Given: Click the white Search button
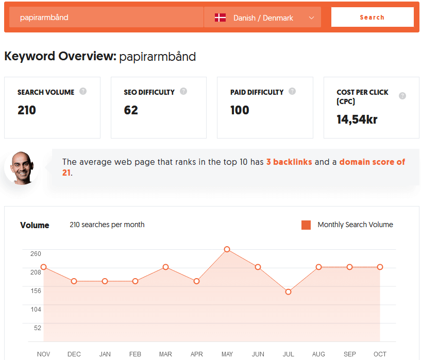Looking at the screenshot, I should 372,17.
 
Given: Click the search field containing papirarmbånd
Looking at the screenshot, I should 106,17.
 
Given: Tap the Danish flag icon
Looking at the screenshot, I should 220,18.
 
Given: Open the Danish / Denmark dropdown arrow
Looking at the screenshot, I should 311,18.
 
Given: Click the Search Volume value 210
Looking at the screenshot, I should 27,110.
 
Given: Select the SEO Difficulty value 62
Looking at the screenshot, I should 131,110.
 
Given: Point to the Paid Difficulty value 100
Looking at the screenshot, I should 240,110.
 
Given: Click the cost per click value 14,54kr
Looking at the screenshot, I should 357,119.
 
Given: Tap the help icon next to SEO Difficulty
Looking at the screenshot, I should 183,92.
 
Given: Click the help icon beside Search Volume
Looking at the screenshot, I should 83,92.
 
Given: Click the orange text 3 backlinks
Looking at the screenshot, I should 289,162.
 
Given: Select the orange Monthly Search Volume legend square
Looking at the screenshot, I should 306,225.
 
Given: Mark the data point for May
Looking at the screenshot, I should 227,249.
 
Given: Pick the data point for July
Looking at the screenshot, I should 288,292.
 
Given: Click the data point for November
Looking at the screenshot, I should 44,267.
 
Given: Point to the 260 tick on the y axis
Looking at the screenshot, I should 36,253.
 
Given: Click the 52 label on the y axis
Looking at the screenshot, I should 38,328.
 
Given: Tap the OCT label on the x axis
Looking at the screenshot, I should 380,354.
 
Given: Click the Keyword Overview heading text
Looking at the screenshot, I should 60,56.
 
